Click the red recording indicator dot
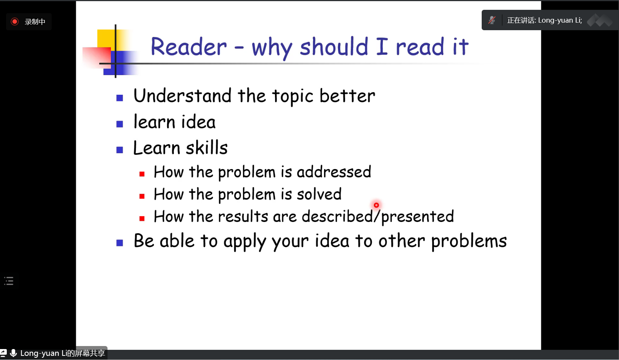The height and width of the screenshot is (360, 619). [x=15, y=22]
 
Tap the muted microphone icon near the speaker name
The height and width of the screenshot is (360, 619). [x=492, y=20]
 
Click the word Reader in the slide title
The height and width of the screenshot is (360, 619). [x=189, y=46]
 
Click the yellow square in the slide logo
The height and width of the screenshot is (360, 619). [x=106, y=39]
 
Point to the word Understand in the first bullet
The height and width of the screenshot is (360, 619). [x=183, y=96]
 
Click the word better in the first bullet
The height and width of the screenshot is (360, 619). [x=347, y=96]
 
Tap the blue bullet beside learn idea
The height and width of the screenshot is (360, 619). [x=120, y=124]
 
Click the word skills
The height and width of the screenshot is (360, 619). [x=207, y=148]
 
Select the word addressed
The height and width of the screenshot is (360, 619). [x=334, y=172]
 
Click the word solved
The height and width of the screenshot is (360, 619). [x=319, y=194]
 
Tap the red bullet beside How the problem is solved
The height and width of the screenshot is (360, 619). [x=142, y=196]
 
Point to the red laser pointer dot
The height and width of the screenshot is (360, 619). [x=376, y=205]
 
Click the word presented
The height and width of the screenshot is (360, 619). [x=418, y=217]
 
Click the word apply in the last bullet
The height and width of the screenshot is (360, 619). [x=245, y=242]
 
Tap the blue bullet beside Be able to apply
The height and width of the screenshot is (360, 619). [x=120, y=243]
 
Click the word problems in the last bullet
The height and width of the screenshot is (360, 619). [x=469, y=242]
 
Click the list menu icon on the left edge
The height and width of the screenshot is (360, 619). [x=9, y=281]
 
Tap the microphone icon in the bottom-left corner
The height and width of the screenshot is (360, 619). [x=13, y=353]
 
